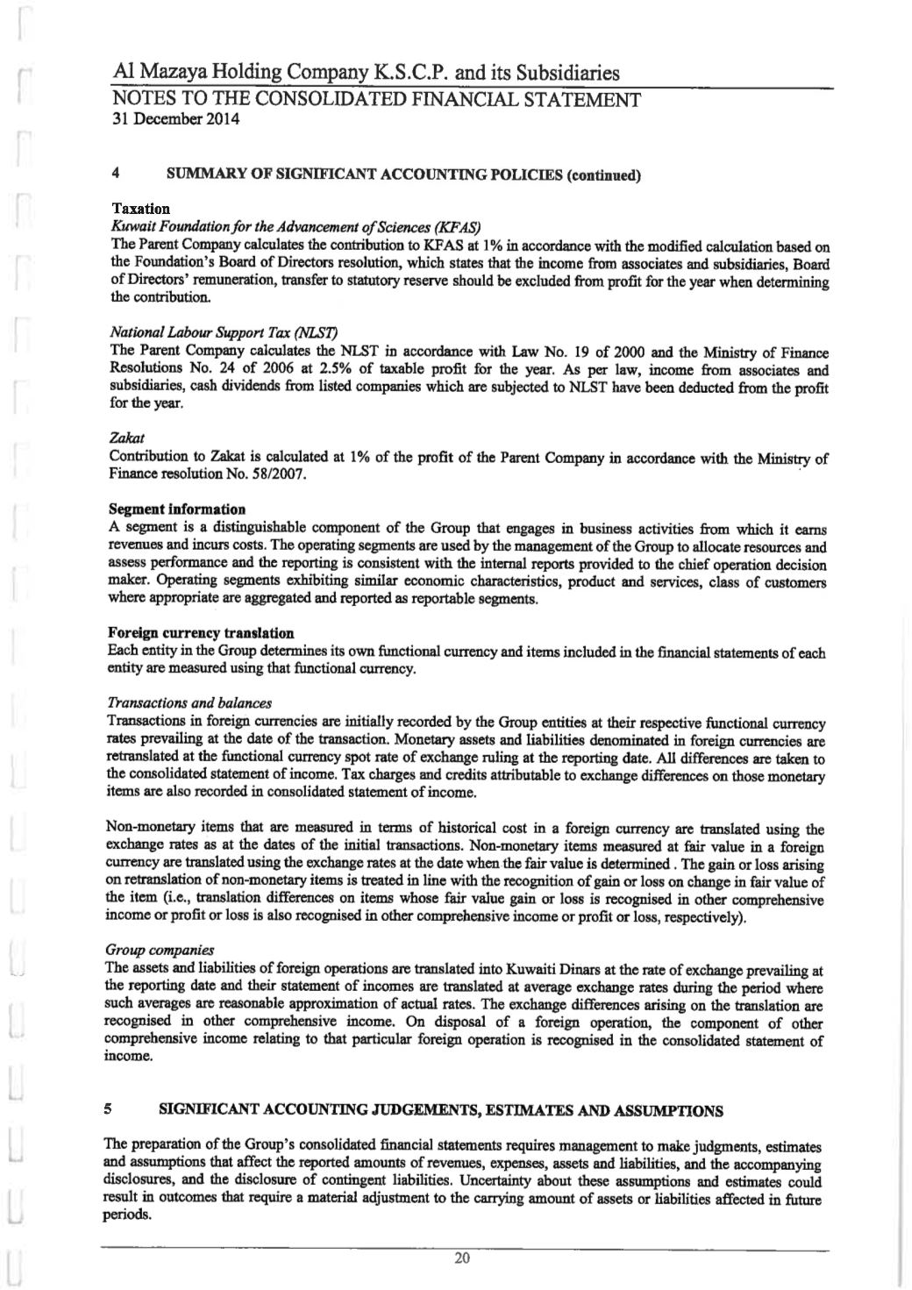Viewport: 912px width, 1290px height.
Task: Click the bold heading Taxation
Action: pos(141,209)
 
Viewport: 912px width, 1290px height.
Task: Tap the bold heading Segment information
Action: pos(177,510)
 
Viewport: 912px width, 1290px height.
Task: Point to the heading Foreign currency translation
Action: pos(201,633)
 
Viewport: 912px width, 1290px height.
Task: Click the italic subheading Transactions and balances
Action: pos(190,703)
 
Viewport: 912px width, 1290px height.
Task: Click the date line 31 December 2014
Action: pos(176,119)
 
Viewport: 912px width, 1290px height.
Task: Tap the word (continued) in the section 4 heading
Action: pos(606,175)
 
